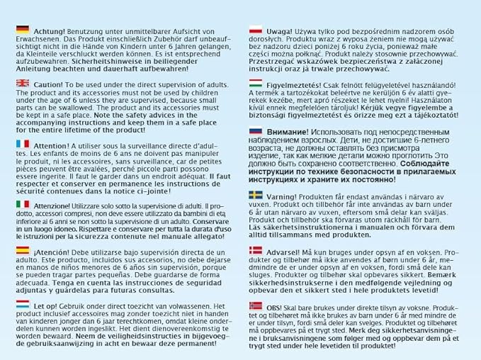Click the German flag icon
22,30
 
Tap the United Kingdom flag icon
22,83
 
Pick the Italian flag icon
22,204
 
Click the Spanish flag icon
22,251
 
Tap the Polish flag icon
256,30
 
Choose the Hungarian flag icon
256,84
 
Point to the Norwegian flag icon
256,304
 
